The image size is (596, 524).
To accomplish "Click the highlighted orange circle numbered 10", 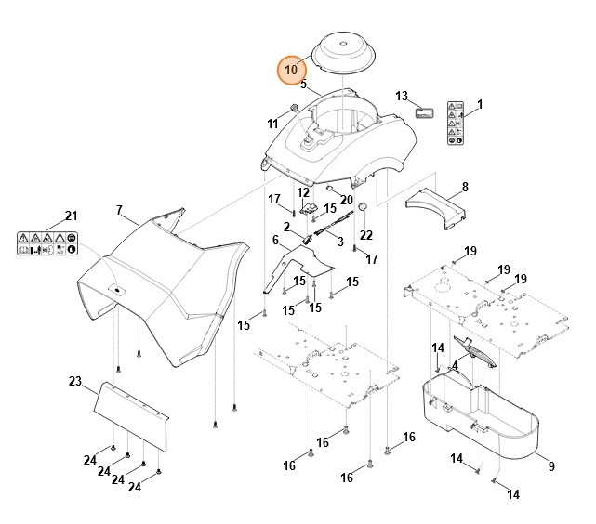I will [x=291, y=70].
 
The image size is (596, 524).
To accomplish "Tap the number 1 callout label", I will [x=480, y=103].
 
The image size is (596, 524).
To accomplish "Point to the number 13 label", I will [x=402, y=97].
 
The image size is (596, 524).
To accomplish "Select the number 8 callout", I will [x=465, y=187].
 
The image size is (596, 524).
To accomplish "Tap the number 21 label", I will [x=71, y=216].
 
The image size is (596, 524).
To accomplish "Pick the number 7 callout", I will [x=119, y=209].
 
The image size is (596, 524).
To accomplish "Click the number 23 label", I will [x=75, y=381].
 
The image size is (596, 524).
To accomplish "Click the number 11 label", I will [x=272, y=124].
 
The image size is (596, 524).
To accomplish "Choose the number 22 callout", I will [x=365, y=234].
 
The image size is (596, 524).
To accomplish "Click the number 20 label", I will [x=346, y=200].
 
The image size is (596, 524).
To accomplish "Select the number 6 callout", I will [x=275, y=241].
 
